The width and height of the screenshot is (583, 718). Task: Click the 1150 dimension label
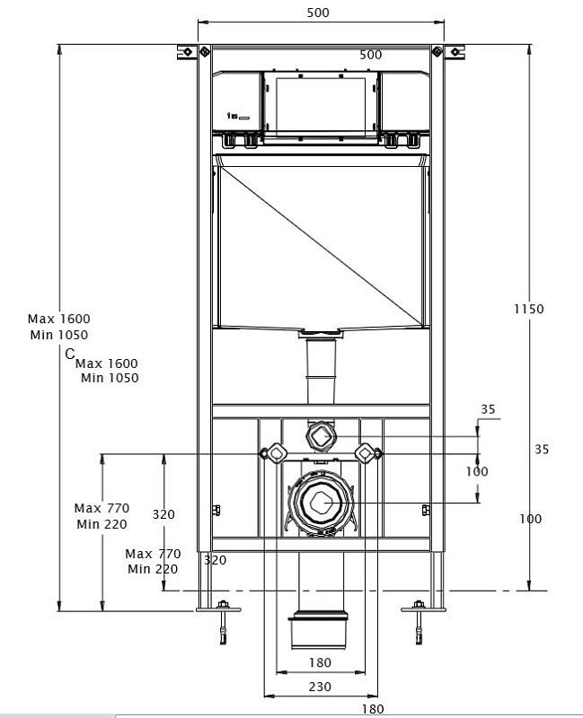click(530, 309)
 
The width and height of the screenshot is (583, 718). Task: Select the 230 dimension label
click(320, 687)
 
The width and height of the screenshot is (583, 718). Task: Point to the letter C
click(69, 355)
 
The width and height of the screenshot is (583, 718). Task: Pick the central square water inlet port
click(320, 436)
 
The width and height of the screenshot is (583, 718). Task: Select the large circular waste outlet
click(321, 503)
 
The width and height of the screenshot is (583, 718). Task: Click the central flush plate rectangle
click(320, 106)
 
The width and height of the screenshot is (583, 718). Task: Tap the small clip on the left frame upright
click(216, 511)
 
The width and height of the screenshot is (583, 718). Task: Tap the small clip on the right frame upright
click(425, 511)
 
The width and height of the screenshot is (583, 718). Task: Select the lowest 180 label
click(373, 709)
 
